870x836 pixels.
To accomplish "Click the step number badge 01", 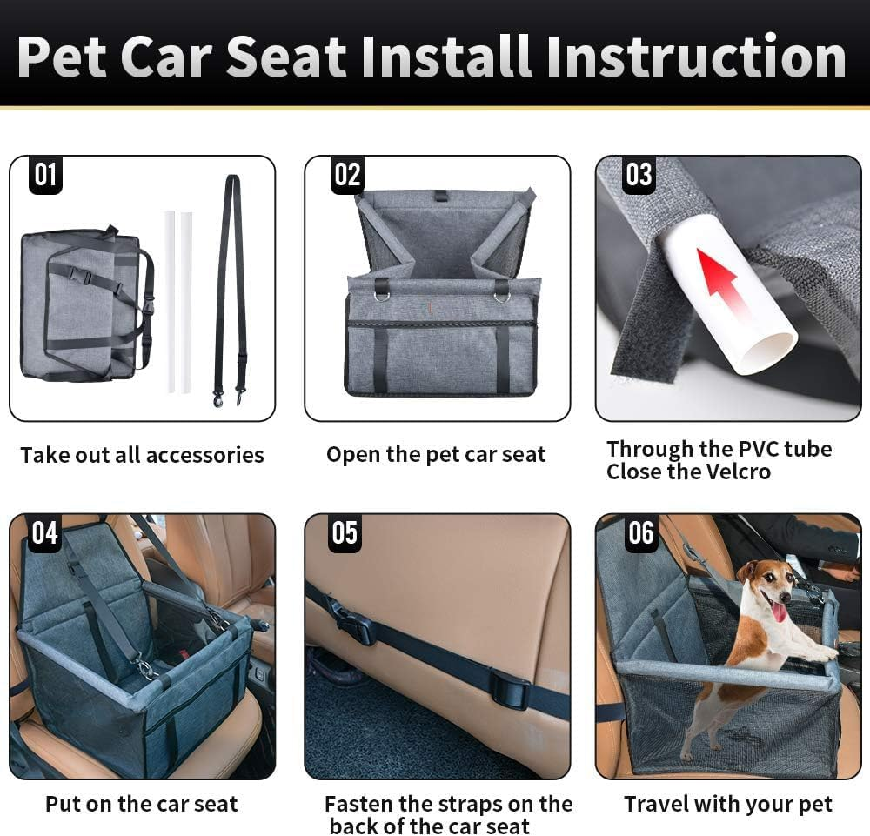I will point(45,175).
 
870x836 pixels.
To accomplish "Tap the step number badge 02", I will point(346,175).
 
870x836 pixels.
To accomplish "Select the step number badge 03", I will point(639,175).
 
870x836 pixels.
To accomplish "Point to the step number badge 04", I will point(45,532).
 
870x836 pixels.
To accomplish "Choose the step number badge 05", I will point(345,532).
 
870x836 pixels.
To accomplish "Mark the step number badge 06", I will point(640,532).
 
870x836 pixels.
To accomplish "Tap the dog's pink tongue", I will point(780,612).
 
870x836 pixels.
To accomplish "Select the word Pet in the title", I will point(62,57).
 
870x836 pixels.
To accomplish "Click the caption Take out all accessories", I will point(142,455).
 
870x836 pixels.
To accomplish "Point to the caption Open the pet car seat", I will point(436,454).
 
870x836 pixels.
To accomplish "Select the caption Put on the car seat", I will point(141,805).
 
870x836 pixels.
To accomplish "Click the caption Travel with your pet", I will point(727,805).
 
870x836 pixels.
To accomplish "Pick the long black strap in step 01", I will point(231,287).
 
